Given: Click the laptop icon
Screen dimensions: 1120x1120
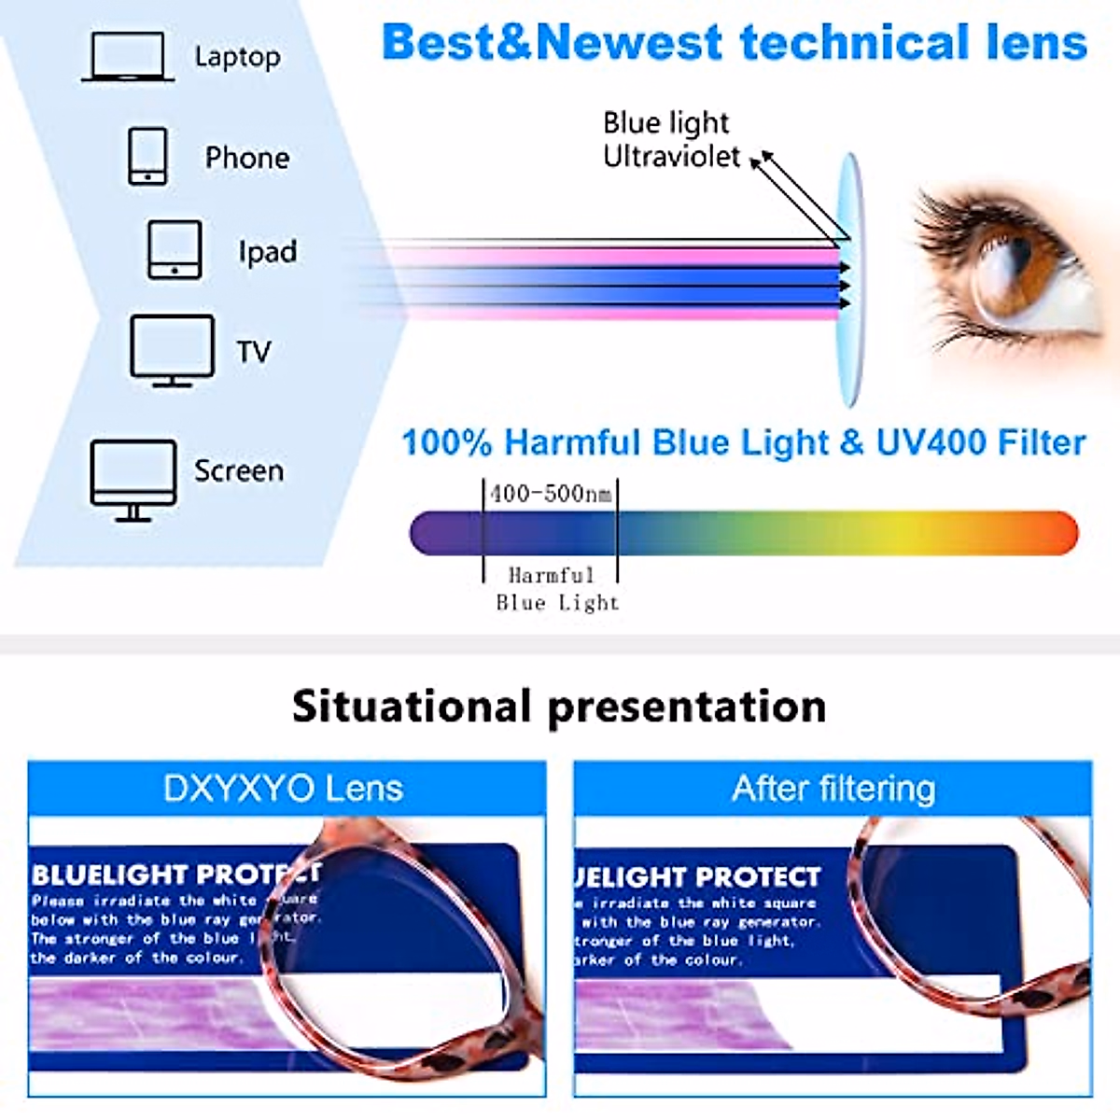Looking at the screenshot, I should (128, 57).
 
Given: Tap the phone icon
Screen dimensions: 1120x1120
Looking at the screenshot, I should (147, 156).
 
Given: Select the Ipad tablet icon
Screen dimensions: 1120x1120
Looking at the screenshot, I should (175, 250).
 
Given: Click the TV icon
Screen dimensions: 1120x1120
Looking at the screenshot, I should (173, 350).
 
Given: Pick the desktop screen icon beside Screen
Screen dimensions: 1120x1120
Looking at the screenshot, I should (133, 479).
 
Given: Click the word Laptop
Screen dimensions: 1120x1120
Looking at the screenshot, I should (237, 57).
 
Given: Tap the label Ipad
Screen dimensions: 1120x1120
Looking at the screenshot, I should (267, 252).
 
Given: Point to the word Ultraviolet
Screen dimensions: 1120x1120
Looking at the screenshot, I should (671, 156).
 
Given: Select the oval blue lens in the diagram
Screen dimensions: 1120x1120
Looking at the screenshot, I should (849, 280).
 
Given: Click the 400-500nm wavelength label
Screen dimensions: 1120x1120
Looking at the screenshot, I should (551, 493).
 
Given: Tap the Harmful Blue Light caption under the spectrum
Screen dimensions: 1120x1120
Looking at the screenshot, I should (556, 589).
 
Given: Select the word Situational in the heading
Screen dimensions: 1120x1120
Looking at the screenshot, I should (411, 707).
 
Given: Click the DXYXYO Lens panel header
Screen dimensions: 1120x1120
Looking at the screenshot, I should (284, 789).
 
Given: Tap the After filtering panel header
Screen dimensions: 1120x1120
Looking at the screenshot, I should (833, 789).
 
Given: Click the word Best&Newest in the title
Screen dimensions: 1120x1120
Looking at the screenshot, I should (552, 43).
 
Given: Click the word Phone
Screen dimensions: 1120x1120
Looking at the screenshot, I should (247, 158).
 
